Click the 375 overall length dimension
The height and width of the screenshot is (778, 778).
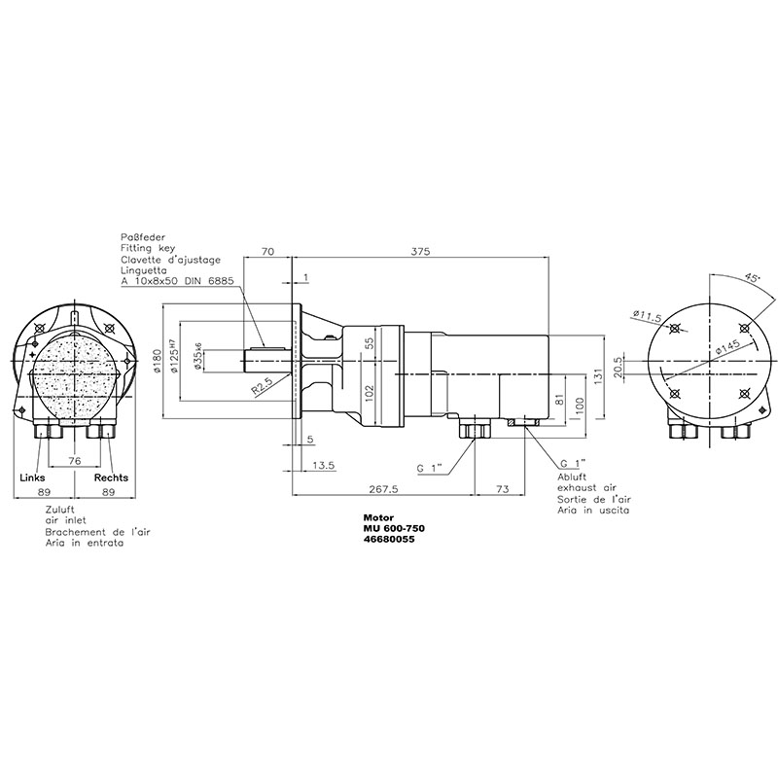pyautogui.click(x=420, y=251)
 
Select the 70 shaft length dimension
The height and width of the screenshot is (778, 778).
pyautogui.click(x=267, y=251)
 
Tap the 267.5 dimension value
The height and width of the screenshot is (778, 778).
pyautogui.click(x=383, y=489)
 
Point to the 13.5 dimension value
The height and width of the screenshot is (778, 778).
pyautogui.click(x=324, y=466)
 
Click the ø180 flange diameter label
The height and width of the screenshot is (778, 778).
pyautogui.click(x=158, y=361)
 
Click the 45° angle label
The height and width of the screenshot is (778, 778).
pyautogui.click(x=752, y=279)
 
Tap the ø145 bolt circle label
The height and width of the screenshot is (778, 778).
pyautogui.click(x=728, y=347)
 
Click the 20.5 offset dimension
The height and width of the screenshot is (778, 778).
pyautogui.click(x=618, y=367)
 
